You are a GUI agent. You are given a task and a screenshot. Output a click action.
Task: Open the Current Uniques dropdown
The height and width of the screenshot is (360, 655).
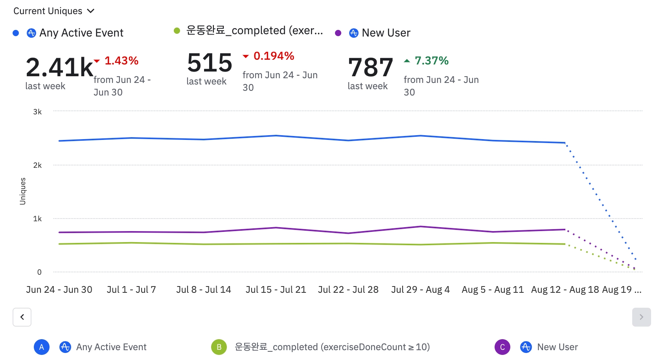[54, 11]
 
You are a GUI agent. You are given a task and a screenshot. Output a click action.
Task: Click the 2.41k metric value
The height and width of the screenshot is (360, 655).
[59, 67]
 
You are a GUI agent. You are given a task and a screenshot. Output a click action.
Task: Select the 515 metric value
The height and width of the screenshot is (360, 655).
[210, 62]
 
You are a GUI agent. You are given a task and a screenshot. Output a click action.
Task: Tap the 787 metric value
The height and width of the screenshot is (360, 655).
[370, 67]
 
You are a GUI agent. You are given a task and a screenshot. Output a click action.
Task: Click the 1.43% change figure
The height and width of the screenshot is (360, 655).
[121, 61]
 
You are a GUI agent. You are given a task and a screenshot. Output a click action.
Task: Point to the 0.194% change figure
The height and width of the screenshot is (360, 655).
[274, 56]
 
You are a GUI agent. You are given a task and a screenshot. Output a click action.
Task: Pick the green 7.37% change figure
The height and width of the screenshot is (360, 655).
[431, 61]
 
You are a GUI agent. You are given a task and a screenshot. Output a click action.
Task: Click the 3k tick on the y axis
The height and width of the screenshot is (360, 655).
[37, 112]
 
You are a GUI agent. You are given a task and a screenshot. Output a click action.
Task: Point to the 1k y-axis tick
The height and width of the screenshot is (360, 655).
[37, 219]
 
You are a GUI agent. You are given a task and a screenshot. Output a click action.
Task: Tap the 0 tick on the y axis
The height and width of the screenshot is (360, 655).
[39, 272]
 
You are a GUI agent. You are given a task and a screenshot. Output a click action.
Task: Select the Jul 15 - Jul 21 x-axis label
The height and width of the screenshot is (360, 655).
[276, 290]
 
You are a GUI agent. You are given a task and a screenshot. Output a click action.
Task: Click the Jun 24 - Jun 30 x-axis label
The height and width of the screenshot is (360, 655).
[59, 290]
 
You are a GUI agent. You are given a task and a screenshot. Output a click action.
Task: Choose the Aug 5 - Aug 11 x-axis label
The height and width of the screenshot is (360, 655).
[493, 290]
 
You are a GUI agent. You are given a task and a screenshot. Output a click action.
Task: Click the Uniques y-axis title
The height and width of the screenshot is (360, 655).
[23, 191]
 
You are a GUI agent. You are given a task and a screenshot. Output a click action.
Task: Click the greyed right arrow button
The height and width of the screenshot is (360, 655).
[641, 317]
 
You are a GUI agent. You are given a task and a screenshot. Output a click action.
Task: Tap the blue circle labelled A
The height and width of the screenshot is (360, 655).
[42, 347]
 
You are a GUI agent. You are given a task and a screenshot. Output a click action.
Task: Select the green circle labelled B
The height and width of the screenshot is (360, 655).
[219, 347]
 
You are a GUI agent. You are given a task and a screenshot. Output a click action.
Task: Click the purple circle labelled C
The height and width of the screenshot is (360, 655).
[502, 347]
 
